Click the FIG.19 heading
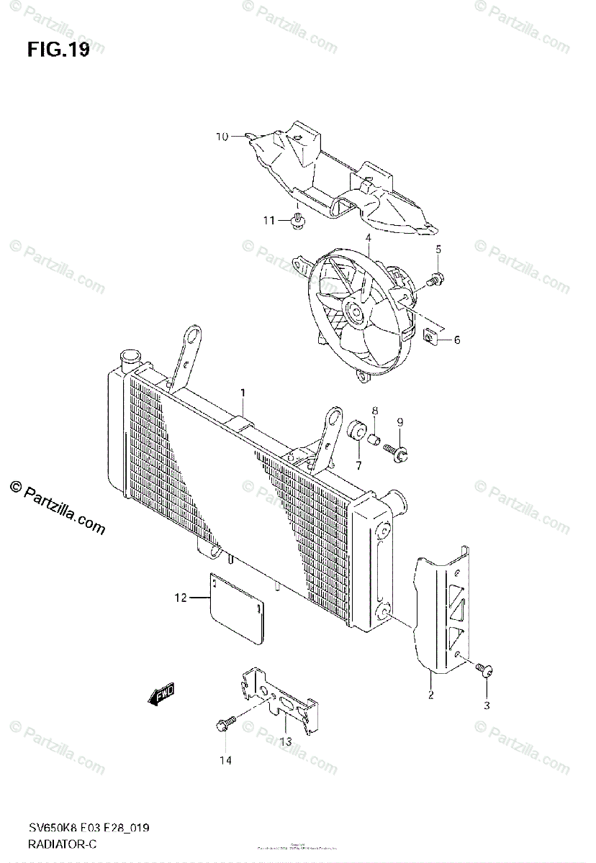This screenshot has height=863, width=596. [x=58, y=50]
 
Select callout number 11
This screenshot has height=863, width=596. [x=268, y=220]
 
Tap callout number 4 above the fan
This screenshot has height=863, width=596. [x=367, y=238]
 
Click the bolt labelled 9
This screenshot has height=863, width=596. [x=397, y=451]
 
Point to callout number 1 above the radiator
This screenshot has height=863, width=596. [x=243, y=393]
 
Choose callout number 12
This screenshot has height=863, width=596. [x=181, y=597]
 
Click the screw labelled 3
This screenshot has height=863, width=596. [x=485, y=671]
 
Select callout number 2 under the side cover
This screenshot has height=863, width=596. [x=430, y=695]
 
